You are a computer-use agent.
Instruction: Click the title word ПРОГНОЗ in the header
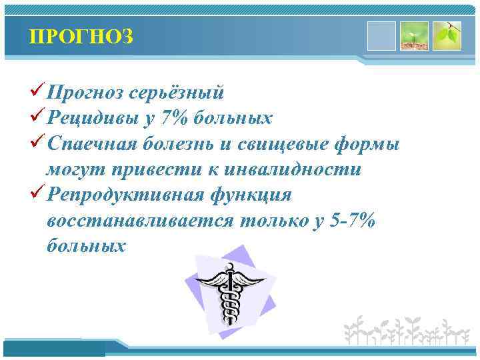[81, 37]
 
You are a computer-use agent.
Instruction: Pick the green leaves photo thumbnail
[447, 36]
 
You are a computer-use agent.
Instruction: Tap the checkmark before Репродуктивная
[38, 195]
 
